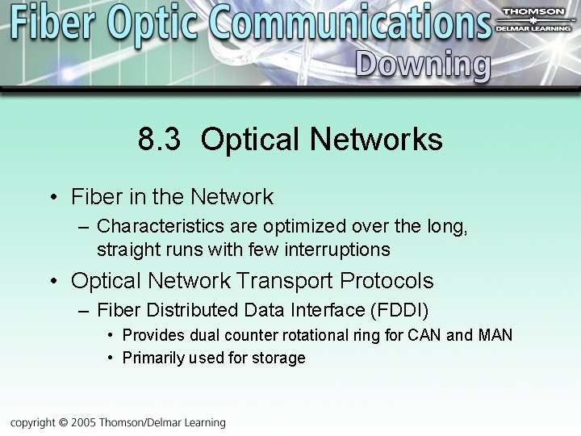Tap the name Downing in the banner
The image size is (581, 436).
point(422,64)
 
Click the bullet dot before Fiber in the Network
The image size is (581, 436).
point(52,198)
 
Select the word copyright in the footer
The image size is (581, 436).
point(34,422)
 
